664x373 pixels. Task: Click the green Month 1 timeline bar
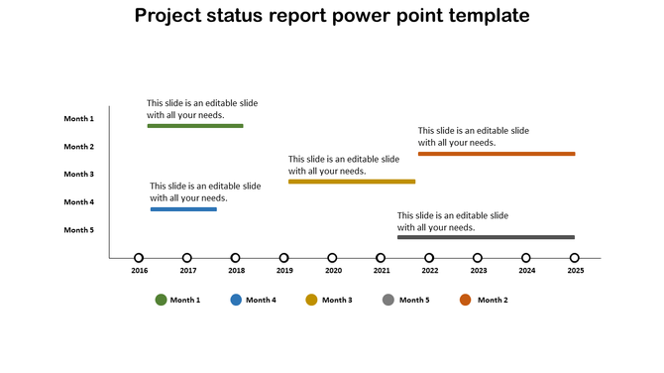point(194,126)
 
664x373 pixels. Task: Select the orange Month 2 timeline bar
point(496,154)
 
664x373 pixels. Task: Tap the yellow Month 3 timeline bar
point(351,182)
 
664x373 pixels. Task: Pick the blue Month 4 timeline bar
point(183,209)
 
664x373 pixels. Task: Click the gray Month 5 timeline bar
point(486,237)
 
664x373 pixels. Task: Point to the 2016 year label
point(139,271)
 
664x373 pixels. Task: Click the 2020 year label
point(333,271)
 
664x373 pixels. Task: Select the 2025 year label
point(575,271)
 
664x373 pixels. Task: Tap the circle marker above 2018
point(236,258)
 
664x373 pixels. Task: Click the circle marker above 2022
point(429,258)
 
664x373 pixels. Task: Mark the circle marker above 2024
point(526,258)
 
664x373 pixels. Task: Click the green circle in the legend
point(161,300)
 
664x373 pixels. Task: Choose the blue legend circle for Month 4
point(236,300)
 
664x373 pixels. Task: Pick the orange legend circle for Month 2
point(466,300)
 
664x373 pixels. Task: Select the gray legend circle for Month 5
point(388,300)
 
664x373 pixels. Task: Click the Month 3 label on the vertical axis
point(78,175)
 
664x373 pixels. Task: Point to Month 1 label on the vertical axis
point(78,119)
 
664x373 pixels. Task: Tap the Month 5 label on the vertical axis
point(78,230)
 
